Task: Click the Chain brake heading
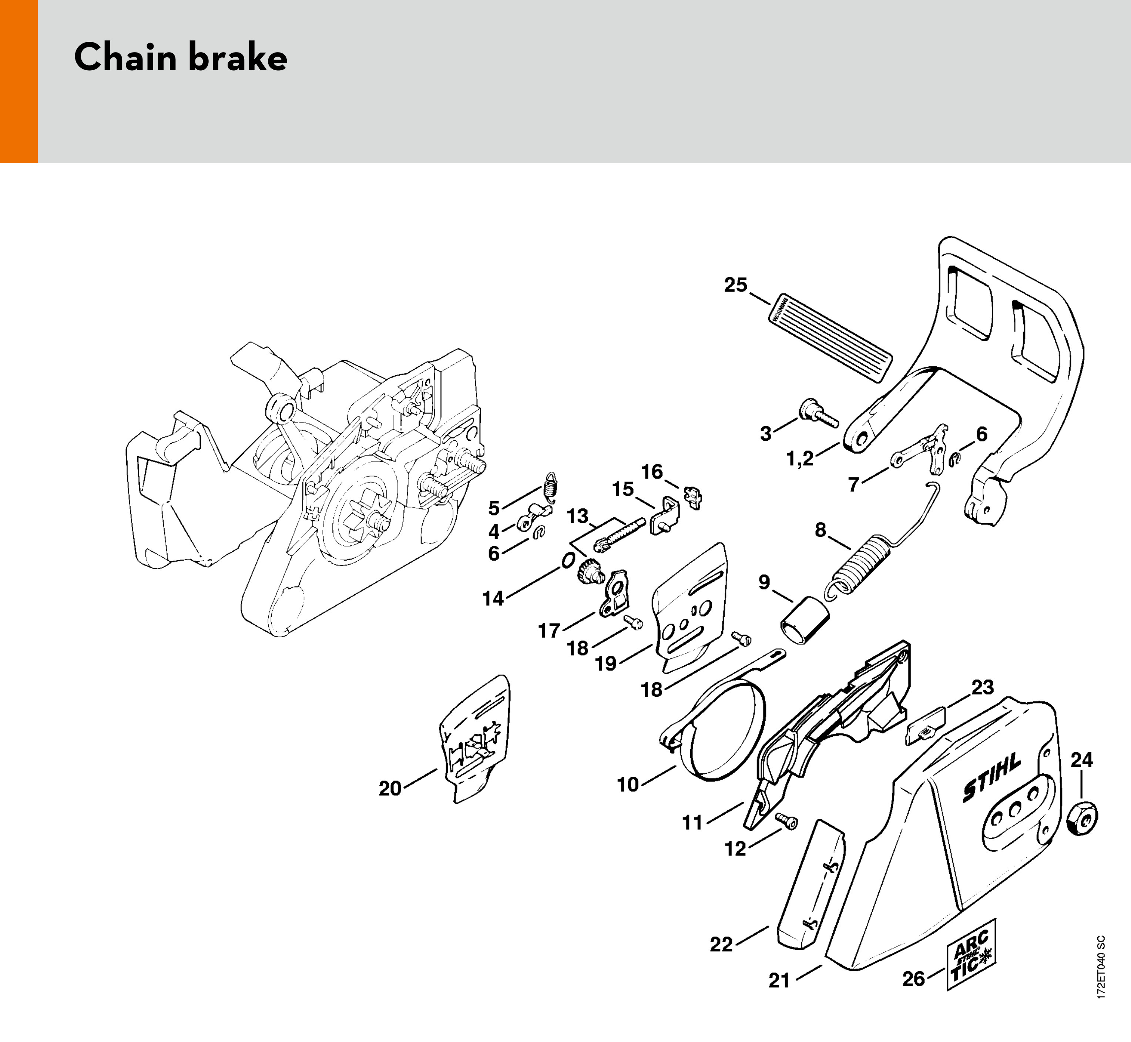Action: [x=180, y=57]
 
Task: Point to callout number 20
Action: [x=390, y=788]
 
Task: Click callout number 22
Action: [x=721, y=944]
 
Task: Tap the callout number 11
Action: [x=692, y=823]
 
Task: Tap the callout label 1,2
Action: [x=800, y=459]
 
